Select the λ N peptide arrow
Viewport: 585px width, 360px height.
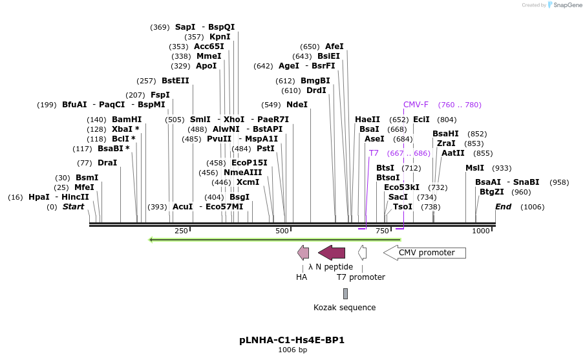pos(332,253)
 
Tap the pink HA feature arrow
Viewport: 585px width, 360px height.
pos(303,253)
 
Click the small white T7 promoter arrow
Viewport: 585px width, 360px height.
pos(363,253)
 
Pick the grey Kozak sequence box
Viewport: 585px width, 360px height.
pos(345,293)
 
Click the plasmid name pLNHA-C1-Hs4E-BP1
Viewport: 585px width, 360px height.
pos(292,340)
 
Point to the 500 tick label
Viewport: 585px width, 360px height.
pos(282,231)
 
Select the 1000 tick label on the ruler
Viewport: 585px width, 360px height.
pos(481,231)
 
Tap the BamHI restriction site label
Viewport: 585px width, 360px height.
pos(127,120)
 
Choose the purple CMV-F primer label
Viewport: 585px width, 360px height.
pos(416,105)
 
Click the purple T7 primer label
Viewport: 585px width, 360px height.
pos(374,153)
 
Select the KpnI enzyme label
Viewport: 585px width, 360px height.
pos(220,37)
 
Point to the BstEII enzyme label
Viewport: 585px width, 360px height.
pos(175,81)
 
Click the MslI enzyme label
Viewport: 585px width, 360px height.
pos(474,168)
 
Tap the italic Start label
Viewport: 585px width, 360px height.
pos(73,207)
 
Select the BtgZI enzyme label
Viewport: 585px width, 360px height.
pos(492,192)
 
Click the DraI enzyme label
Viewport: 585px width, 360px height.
pos(107,163)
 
